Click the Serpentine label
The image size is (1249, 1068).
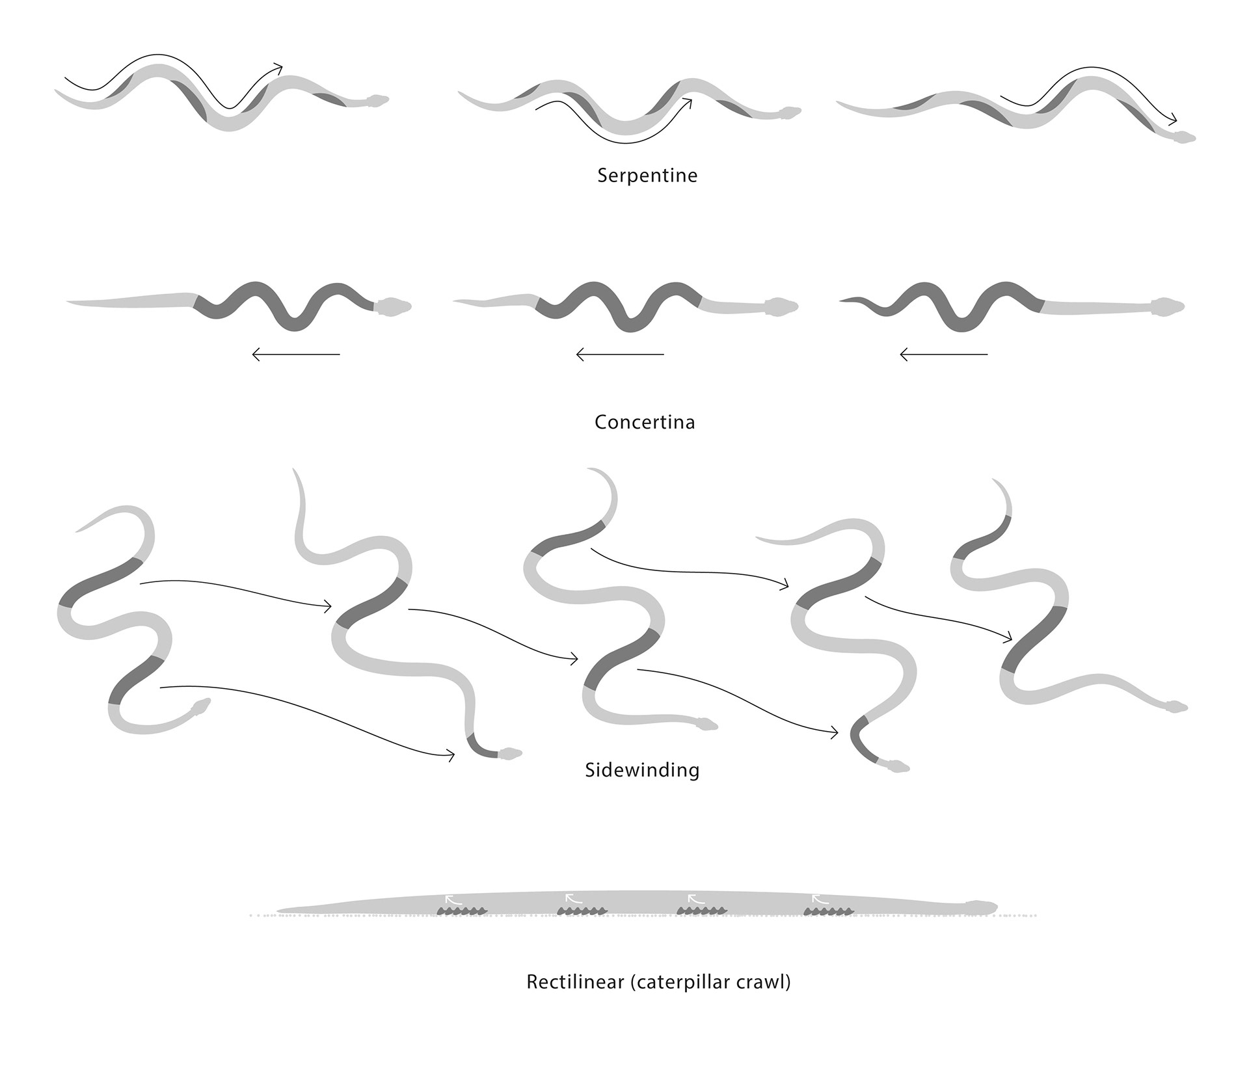click(647, 176)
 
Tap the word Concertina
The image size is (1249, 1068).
click(645, 422)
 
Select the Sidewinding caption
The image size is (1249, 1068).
click(642, 770)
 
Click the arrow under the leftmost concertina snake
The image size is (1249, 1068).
click(296, 354)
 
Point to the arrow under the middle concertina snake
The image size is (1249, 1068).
click(620, 354)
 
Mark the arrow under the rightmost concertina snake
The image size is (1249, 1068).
click(944, 354)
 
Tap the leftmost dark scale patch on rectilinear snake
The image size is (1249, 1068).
click(462, 911)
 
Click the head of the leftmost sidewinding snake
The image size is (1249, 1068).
click(201, 706)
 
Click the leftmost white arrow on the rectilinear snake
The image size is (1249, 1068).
click(453, 900)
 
